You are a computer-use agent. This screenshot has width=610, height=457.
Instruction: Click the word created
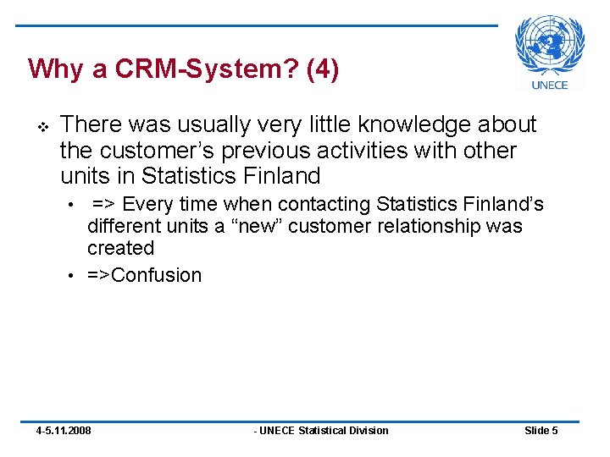coord(120,249)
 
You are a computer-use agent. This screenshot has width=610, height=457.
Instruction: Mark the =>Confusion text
coord(144,276)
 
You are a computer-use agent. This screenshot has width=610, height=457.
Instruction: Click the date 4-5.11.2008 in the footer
coord(64,431)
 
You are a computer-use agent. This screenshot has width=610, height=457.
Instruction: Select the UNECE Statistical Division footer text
coord(322,431)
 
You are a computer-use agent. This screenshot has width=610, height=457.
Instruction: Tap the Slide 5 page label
coord(541,431)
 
